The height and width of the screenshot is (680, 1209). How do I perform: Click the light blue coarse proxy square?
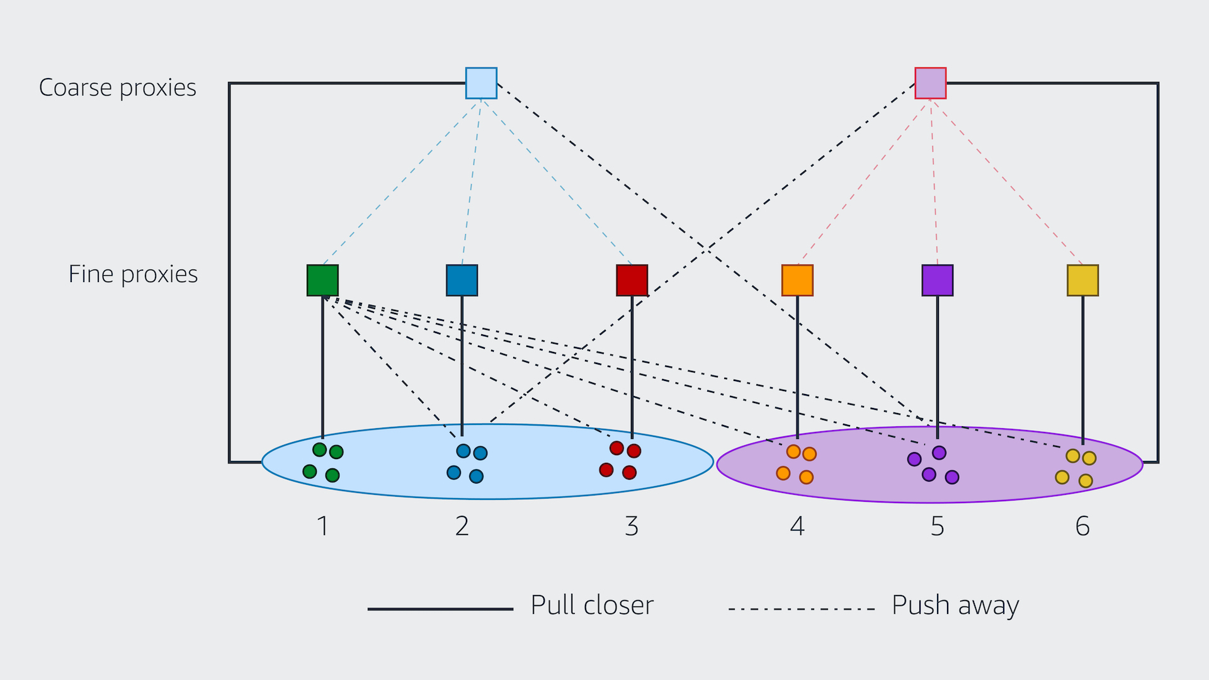[x=481, y=83]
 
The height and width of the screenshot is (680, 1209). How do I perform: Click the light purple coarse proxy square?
[x=930, y=83]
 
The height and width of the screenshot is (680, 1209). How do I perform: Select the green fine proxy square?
[x=322, y=280]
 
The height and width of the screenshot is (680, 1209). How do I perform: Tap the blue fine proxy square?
[x=462, y=280]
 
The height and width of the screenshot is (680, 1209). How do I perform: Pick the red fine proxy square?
[x=632, y=280]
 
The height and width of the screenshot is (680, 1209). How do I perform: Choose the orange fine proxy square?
[x=797, y=280]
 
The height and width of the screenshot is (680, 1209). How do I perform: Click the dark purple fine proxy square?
[x=937, y=280]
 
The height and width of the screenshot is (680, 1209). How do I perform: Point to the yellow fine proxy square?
[x=1082, y=280]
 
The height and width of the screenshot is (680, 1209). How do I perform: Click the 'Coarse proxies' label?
[x=118, y=88]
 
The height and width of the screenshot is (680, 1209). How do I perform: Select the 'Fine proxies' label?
[x=133, y=275]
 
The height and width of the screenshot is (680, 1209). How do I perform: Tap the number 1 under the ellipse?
[x=322, y=526]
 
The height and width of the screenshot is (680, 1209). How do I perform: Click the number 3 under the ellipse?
[x=632, y=526]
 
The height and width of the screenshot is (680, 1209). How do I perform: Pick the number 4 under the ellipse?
[x=797, y=526]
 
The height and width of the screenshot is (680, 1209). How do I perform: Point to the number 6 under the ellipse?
[x=1082, y=526]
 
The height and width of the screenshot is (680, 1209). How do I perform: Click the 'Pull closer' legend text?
[x=592, y=606]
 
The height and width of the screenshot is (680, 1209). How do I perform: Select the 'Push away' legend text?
[x=955, y=606]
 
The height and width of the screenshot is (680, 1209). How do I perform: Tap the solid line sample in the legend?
[x=440, y=609]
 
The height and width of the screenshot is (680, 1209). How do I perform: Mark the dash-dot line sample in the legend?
[x=801, y=609]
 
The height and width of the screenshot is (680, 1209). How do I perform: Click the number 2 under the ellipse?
[x=462, y=526]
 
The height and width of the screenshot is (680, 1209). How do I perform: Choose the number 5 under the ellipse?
[x=937, y=526]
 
